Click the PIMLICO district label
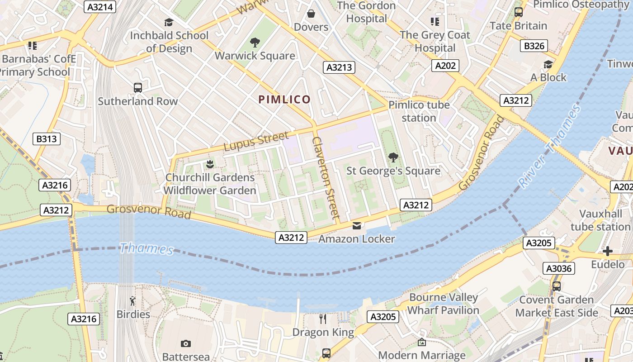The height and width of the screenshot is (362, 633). point(284,100)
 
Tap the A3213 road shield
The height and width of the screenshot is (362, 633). point(339,67)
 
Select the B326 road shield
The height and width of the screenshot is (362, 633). point(534,46)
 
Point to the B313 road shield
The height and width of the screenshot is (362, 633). point(47,139)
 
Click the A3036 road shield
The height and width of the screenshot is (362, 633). point(559,268)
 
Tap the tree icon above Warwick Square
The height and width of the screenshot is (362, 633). point(255,43)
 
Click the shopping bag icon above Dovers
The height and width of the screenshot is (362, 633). point(311,14)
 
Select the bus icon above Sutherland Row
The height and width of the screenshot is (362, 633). point(138,88)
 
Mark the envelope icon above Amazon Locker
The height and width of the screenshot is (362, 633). point(357,225)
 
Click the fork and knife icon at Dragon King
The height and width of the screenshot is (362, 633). point(323,319)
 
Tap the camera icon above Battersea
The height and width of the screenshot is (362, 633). point(185,344)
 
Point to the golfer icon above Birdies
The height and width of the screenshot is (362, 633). point(132,301)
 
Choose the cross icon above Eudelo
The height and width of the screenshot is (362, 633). point(608,251)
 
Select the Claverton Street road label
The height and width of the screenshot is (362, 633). point(326,178)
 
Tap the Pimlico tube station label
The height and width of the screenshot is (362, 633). point(419,111)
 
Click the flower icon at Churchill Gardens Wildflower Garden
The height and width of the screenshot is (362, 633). point(209,163)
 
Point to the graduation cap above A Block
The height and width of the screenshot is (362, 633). point(548,65)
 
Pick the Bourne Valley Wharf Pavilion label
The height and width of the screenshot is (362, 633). point(443,304)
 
